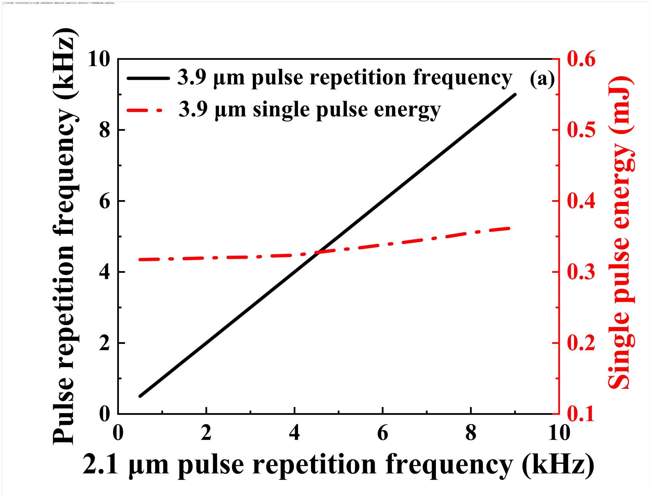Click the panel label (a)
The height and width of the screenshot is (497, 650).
pyautogui.click(x=542, y=79)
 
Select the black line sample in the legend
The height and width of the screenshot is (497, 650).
pyautogui.click(x=148, y=78)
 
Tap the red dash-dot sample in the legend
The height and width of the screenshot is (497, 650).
pyautogui.click(x=145, y=110)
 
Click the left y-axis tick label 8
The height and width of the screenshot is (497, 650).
pyautogui.click(x=104, y=131)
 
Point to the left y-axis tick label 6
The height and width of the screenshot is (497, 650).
pyautogui.click(x=104, y=201)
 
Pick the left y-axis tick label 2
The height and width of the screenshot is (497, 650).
pyautogui.click(x=104, y=343)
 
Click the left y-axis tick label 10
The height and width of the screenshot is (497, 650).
pyautogui.click(x=99, y=59)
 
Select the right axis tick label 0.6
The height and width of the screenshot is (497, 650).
pyautogui.click(x=581, y=59)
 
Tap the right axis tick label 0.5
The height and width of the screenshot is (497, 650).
pyautogui.click(x=581, y=130)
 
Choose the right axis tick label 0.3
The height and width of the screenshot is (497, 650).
pyautogui.click(x=581, y=272)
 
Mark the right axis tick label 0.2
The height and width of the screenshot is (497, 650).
pyautogui.click(x=581, y=343)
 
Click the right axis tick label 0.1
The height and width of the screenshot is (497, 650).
pyautogui.click(x=581, y=414)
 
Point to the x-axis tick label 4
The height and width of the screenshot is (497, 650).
pyautogui.click(x=294, y=433)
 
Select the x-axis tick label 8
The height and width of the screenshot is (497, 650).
pyautogui.click(x=471, y=433)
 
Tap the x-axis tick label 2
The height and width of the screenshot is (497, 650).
pyautogui.click(x=206, y=433)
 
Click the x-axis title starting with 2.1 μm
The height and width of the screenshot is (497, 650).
pyautogui.click(x=338, y=465)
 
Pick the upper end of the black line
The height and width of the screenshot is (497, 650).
pyautogui.click(x=515, y=95)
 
